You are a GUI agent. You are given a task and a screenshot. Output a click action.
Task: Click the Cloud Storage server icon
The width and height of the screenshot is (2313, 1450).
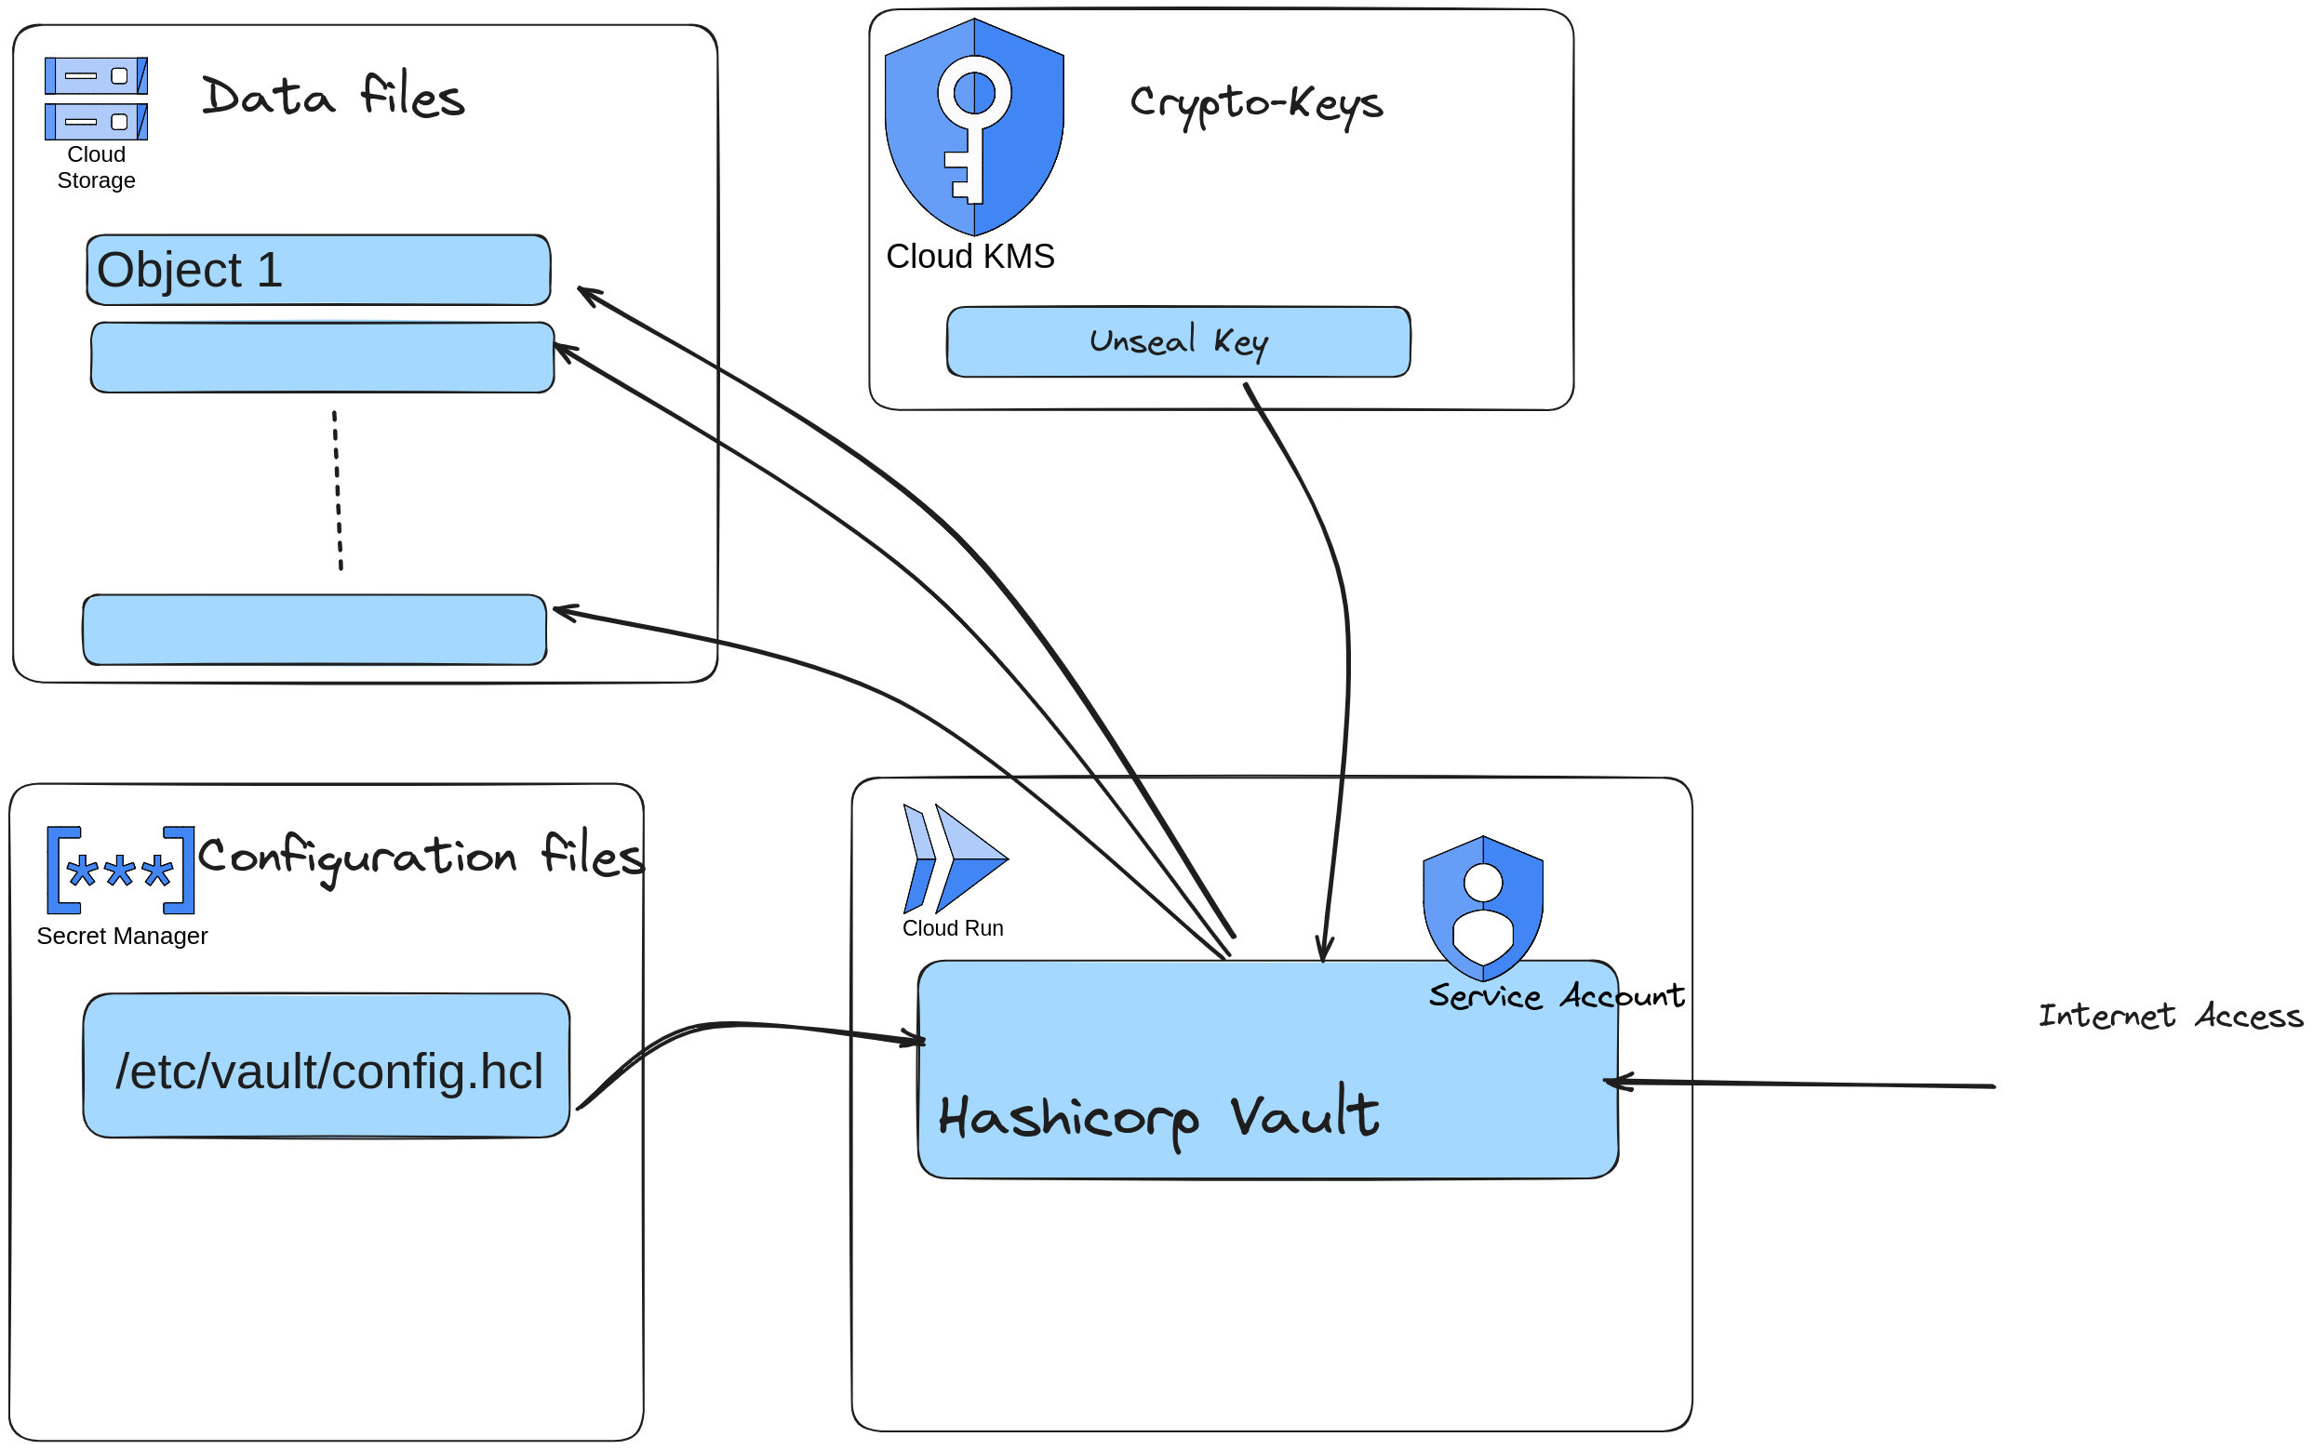tap(96, 98)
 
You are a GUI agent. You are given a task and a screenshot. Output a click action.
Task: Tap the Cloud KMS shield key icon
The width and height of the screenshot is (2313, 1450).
tap(973, 126)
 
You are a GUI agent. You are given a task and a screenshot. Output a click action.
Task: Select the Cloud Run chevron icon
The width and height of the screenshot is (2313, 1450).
tap(954, 858)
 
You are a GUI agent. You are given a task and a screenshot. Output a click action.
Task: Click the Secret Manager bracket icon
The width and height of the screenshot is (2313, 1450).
tap(121, 870)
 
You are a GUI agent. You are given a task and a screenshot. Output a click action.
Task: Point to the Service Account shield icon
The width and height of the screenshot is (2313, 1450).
tap(1482, 906)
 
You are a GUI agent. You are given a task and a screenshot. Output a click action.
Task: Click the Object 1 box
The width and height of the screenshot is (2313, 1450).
tap(317, 271)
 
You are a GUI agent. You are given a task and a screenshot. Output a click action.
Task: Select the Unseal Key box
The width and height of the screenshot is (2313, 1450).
tap(1177, 342)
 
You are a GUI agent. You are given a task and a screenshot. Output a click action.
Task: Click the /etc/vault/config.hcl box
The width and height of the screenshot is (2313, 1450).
tap(327, 1067)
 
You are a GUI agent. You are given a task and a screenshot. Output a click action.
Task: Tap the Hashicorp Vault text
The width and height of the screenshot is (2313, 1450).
tap(1158, 1117)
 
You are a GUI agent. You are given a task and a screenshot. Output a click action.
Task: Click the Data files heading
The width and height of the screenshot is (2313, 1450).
tap(333, 96)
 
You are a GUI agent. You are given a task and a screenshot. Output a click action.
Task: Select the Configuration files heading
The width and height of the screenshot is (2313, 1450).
tap(421, 857)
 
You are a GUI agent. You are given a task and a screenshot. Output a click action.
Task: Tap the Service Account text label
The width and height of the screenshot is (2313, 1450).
tap(1556, 996)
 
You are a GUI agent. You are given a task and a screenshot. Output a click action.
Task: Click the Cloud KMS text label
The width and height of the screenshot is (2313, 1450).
tap(969, 257)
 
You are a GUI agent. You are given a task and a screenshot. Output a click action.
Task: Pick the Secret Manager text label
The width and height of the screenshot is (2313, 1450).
tap(122, 936)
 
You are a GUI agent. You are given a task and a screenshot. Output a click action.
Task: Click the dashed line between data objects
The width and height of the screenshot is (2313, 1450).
tap(337, 491)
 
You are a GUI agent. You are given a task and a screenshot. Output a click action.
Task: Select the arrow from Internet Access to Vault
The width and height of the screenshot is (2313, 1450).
tap(1803, 1084)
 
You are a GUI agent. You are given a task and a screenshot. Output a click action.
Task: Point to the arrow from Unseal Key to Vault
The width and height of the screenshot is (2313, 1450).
tap(1345, 672)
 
